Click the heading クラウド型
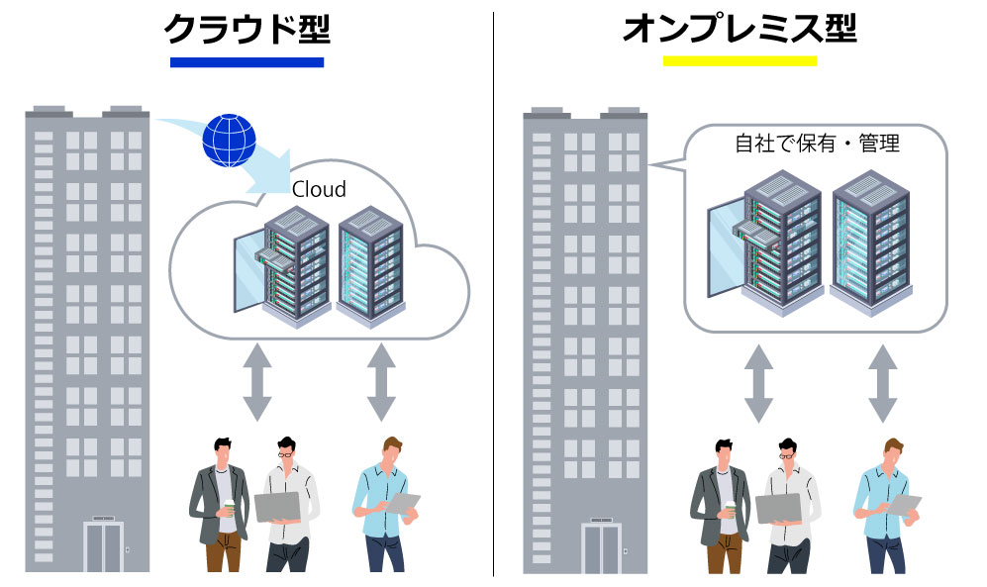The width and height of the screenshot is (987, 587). [247, 30]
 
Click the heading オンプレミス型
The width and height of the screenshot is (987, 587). [739, 30]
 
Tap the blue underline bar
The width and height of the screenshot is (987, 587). [247, 62]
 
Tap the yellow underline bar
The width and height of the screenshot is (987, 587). [739, 61]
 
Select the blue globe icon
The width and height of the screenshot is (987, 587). [229, 141]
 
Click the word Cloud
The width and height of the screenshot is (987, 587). [319, 188]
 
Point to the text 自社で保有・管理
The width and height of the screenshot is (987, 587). [817, 145]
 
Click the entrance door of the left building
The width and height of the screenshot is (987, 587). [103, 546]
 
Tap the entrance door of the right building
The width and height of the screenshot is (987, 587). [601, 547]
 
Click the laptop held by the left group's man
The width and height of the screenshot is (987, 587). [276, 506]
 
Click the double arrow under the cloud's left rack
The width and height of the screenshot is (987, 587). [256, 381]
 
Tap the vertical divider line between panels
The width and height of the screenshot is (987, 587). [493, 297]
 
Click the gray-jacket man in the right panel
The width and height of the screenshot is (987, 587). [719, 505]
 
